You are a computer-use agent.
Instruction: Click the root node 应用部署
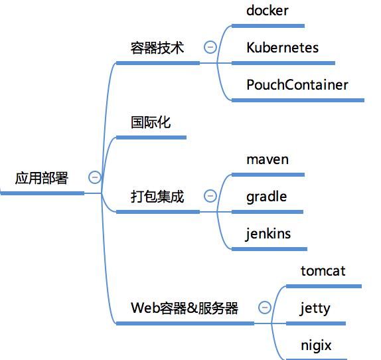point(42,177)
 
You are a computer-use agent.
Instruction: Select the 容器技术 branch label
point(157,48)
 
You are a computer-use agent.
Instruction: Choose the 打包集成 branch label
point(157,197)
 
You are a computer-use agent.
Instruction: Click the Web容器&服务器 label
point(185,308)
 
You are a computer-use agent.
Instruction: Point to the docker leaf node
point(267,11)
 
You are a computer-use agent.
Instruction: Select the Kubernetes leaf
point(282,48)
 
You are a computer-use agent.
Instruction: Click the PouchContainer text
point(297,85)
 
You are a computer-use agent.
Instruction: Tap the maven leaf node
point(267,159)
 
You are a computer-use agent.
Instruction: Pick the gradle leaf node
point(266,197)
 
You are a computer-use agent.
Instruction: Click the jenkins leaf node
point(268,234)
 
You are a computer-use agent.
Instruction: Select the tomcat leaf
point(323,271)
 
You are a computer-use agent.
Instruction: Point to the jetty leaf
point(315,308)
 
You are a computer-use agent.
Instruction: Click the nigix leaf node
point(315,345)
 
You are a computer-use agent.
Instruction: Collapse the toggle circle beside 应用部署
point(94,177)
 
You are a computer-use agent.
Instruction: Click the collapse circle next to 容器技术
point(210,47)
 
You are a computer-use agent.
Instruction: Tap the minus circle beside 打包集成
point(210,196)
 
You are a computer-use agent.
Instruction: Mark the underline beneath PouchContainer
point(297,100)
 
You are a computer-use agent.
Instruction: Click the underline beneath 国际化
point(151,137)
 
